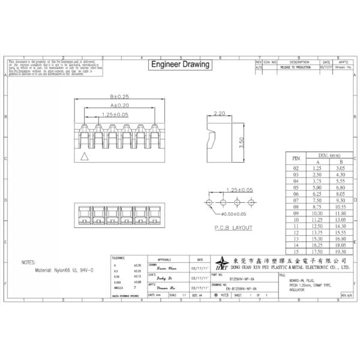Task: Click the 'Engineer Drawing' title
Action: [x=179, y=64]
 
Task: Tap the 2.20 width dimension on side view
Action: [x=219, y=113]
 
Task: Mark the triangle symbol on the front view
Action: [x=85, y=157]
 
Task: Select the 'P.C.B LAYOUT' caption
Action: [x=217, y=228]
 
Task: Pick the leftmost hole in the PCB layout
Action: [x=209, y=202]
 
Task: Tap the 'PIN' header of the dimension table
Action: [x=295, y=159]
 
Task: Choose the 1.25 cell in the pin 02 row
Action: [x=318, y=169]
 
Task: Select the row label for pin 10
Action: [x=295, y=219]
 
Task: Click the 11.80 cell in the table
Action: [x=340, y=212]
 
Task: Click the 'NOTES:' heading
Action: [x=29, y=262]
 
